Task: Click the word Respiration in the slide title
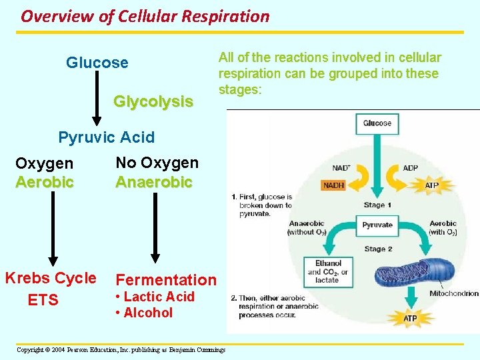point(226,16)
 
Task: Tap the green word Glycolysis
point(153,101)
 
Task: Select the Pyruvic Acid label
point(107,137)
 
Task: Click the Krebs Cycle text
point(51,278)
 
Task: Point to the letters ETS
point(43,300)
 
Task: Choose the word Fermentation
point(166,280)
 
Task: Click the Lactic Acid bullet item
point(155,297)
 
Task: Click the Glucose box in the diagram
point(377,123)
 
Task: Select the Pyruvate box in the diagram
point(377,225)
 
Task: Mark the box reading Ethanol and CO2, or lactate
point(328,272)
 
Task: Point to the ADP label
point(411,168)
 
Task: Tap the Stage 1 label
point(377,205)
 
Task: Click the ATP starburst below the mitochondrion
point(410,318)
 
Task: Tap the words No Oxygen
point(157,163)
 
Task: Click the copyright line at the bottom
point(121,349)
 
